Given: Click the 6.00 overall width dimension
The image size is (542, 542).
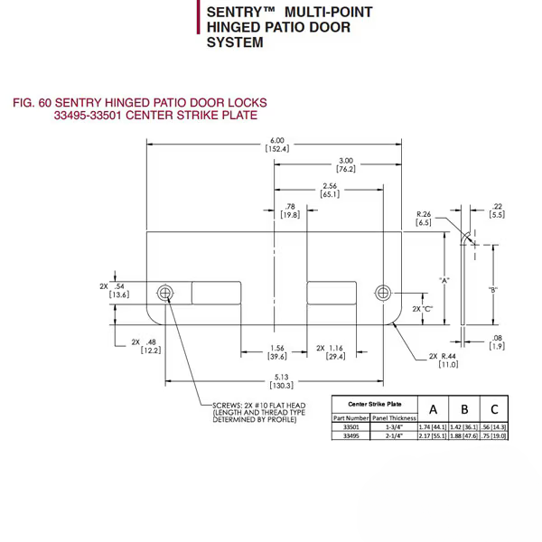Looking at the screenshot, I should coord(276,144).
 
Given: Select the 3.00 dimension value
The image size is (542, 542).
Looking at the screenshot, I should coord(346,164).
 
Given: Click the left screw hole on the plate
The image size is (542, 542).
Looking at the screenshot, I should coord(165,293).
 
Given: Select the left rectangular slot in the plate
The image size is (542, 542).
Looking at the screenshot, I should coord(214,293).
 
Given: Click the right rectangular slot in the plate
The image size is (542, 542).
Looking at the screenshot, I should coord(332,293).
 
